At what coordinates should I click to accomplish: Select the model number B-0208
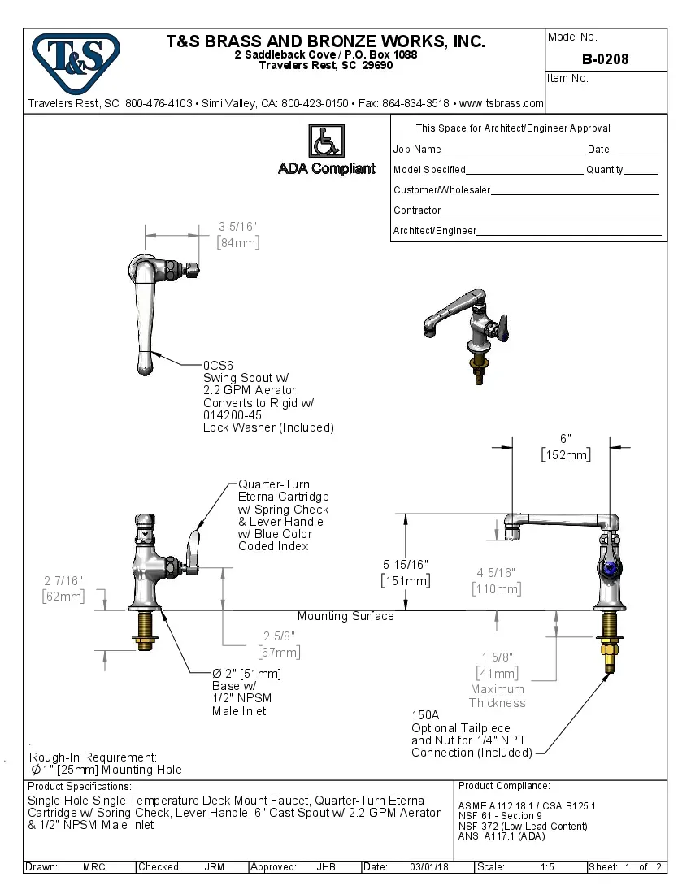[605, 59]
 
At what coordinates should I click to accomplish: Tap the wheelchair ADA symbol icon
[326, 141]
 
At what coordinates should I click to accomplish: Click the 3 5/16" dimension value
[237, 227]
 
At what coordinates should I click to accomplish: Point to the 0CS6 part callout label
[218, 366]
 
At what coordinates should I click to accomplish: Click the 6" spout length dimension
[566, 438]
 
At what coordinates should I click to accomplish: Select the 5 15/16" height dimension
[405, 564]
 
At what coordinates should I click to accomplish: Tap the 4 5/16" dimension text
[496, 573]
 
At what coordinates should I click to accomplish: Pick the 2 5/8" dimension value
[279, 636]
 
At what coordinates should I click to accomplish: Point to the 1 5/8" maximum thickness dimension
[497, 657]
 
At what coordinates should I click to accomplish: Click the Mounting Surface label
[345, 616]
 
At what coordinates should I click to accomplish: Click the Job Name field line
[514, 150]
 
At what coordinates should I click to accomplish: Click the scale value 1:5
[547, 867]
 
